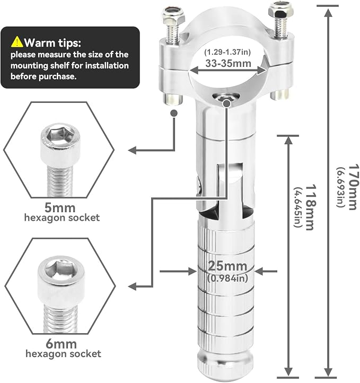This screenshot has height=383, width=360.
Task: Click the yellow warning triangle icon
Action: (17, 42)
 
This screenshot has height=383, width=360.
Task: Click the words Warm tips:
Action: (52, 43)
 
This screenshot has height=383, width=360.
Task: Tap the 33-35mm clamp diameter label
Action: (228, 63)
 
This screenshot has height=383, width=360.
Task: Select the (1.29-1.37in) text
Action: (227, 52)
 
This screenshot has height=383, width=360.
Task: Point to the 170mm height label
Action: (354, 187)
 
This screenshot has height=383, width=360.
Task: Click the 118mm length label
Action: (311, 207)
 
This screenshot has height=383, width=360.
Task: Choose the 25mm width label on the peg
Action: (227, 266)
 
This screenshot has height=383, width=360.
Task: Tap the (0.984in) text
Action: (227, 278)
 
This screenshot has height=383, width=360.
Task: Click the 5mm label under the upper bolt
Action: (60, 208)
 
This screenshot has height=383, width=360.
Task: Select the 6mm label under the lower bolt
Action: (61, 344)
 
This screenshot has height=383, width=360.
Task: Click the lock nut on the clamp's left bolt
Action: (172, 15)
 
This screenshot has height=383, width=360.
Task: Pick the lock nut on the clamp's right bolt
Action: (278, 11)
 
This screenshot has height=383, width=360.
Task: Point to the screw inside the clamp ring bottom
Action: (225, 98)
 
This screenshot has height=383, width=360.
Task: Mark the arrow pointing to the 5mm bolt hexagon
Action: (152, 133)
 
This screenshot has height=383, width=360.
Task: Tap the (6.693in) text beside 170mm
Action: (340, 187)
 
